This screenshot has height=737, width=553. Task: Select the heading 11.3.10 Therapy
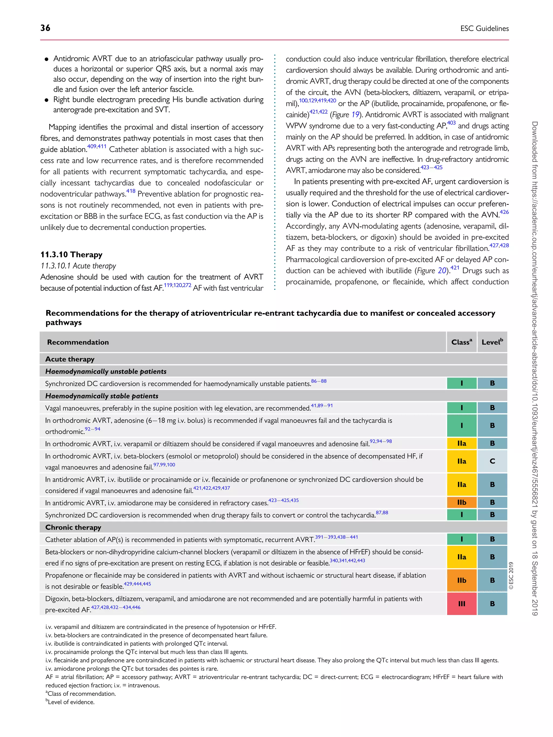click(x=71, y=254)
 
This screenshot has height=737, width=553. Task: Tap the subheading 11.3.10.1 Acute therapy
click(x=78, y=266)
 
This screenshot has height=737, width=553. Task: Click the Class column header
click(x=461, y=342)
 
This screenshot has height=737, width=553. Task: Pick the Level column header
click(x=492, y=342)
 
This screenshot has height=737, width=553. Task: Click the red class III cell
click(x=461, y=603)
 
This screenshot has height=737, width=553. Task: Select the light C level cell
click(x=492, y=461)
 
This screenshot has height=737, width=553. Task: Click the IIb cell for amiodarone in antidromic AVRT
click(x=461, y=502)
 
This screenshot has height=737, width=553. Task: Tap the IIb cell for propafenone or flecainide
click(x=461, y=580)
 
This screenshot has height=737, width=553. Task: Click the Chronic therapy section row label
click(x=73, y=527)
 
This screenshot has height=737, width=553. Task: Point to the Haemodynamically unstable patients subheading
click(x=106, y=371)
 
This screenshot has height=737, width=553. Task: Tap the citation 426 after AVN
click(x=504, y=212)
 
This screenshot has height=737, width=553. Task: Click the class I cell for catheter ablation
click(x=461, y=539)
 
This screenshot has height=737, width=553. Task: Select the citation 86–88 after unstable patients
click(x=319, y=381)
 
